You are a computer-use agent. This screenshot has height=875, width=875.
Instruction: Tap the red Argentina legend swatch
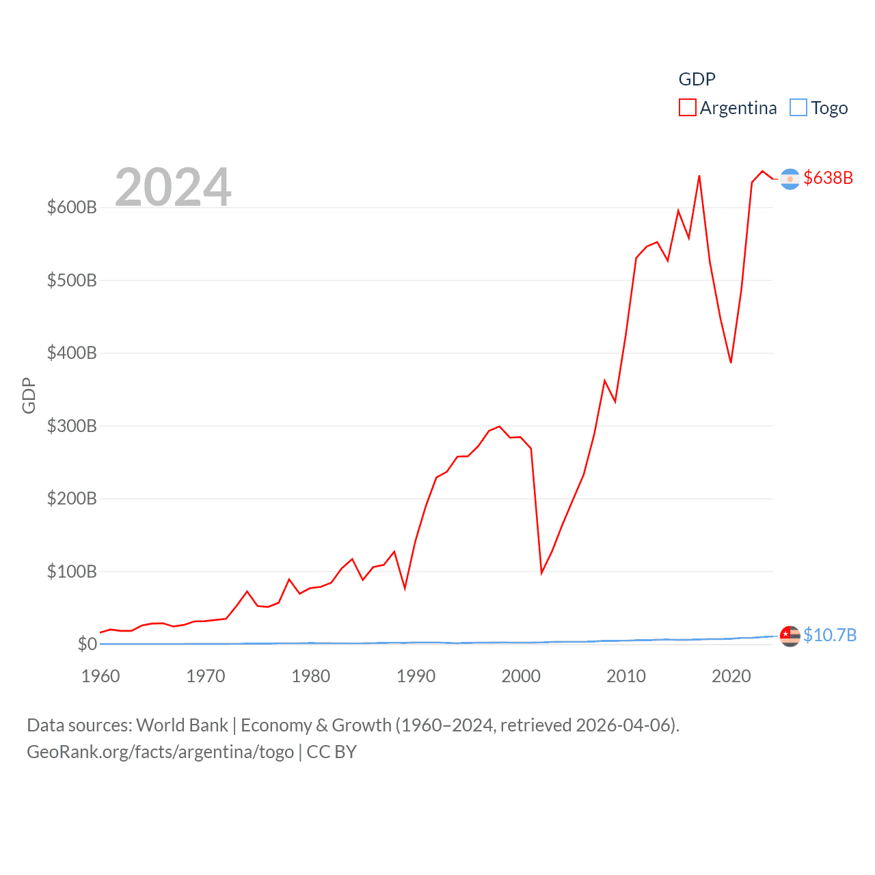click(x=687, y=108)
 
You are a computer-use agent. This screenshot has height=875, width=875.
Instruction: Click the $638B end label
click(x=828, y=178)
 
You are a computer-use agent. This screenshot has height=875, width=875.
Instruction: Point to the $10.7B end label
click(x=829, y=635)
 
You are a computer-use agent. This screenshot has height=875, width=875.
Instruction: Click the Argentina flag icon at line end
click(x=790, y=179)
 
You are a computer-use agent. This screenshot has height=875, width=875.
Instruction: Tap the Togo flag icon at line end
click(x=790, y=636)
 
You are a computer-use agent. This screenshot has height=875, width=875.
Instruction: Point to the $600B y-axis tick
click(x=72, y=207)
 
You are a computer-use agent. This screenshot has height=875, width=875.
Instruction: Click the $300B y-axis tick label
click(x=72, y=426)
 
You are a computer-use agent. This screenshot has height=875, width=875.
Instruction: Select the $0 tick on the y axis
click(x=87, y=644)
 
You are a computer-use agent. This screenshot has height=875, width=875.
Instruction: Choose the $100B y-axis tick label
click(x=72, y=571)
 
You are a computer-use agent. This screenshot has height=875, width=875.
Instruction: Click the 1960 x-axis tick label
click(x=100, y=676)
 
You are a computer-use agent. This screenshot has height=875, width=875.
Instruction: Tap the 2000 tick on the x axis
click(x=521, y=676)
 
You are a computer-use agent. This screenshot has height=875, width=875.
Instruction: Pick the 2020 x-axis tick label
click(x=731, y=676)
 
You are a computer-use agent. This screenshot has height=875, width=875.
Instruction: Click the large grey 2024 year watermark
click(x=173, y=187)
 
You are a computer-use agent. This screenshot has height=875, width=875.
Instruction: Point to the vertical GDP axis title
click(x=29, y=395)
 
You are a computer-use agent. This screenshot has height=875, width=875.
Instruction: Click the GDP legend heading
click(x=697, y=79)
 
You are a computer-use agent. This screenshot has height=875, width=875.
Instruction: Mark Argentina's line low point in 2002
click(x=541, y=573)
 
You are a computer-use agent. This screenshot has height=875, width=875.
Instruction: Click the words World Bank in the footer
click(x=182, y=725)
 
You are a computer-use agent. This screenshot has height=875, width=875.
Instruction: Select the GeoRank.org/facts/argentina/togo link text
click(x=161, y=752)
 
